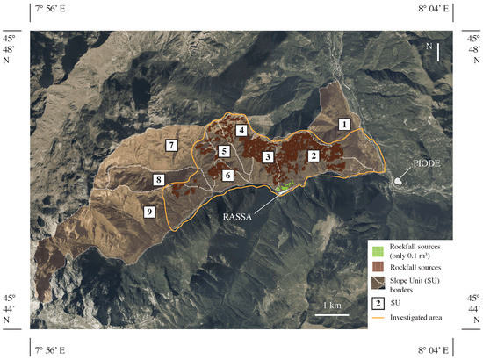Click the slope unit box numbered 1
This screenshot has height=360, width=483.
345,126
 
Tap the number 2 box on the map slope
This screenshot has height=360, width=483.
313,155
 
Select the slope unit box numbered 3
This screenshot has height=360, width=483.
267,156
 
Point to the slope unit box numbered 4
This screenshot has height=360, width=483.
241,131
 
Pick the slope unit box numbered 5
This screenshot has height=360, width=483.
225,152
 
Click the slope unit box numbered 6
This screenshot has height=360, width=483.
227,176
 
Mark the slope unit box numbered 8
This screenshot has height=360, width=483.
159,180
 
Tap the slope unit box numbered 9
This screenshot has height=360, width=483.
149,212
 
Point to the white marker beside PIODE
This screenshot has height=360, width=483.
400,180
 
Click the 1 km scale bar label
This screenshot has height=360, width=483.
331,305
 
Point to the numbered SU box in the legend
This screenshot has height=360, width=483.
377,303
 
